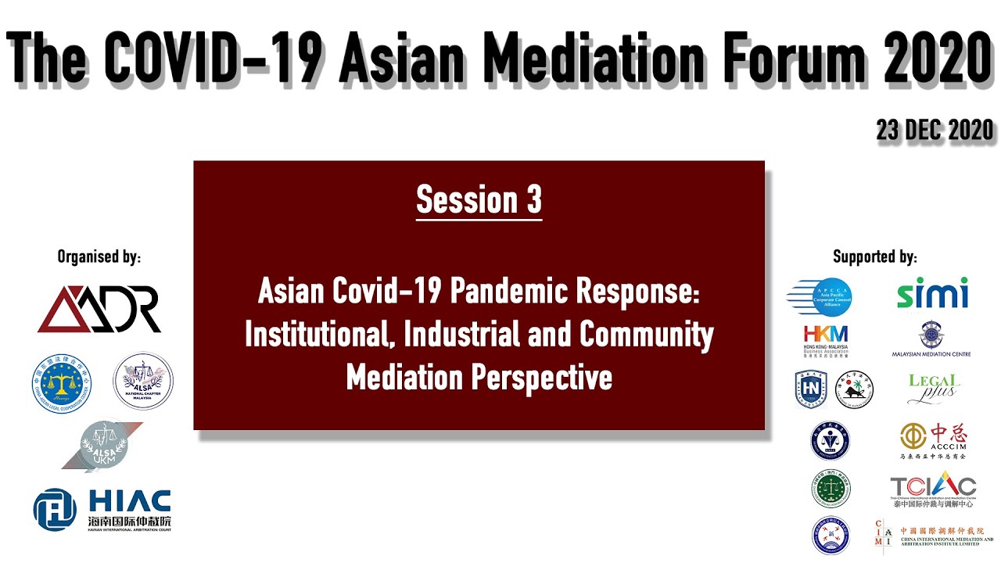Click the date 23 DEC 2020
tap(935, 131)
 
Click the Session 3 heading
tap(479, 199)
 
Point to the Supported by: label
tap(874, 256)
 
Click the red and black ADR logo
tap(99, 308)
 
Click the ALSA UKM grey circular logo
tap(102, 446)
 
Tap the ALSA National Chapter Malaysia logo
tap(143, 381)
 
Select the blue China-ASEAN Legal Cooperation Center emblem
tap(62, 383)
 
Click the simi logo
tap(931, 294)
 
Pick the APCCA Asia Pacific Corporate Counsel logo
tap(819, 297)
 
